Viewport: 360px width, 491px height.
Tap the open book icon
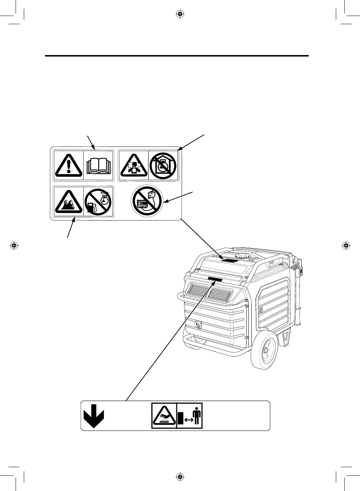tap(99, 166)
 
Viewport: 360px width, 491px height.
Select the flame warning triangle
tap(68, 202)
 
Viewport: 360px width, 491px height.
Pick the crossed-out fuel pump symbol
tap(98, 201)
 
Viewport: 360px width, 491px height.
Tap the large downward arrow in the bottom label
tap(93, 416)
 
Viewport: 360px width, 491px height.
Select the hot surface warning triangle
tap(164, 416)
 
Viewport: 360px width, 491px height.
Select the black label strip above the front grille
tap(215, 279)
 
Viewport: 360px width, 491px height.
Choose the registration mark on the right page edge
tap(346, 245)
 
